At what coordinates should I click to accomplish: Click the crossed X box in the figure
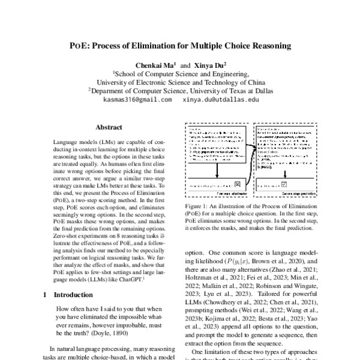238,184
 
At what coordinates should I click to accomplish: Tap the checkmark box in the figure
284,184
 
